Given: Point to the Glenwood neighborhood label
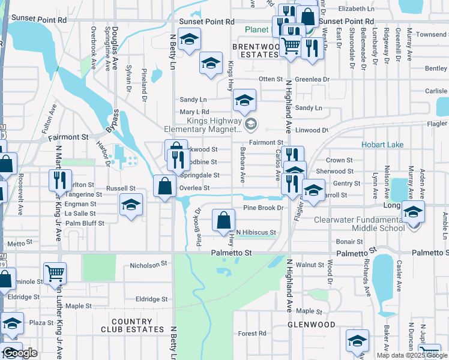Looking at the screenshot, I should pos(311,325).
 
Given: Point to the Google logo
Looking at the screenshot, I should pos(19,353).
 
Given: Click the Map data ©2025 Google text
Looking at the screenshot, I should pos(412,355).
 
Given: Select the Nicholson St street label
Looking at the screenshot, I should pos(147,265).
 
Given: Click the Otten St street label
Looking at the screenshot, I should pos(270,79).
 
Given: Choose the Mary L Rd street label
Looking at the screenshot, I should pos(194,112).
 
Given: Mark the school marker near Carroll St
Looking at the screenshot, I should pos(313,190).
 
